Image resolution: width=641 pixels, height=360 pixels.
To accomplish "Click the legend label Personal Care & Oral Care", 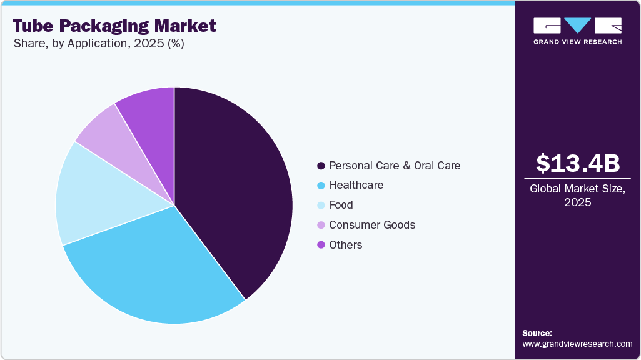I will click(395, 166).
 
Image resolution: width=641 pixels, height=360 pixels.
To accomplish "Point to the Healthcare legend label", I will click(356, 185).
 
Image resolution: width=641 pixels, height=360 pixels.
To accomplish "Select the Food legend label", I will click(341, 205).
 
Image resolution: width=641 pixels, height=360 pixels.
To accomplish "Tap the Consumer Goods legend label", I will click(372, 225).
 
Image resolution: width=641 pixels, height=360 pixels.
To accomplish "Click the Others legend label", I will click(346, 245).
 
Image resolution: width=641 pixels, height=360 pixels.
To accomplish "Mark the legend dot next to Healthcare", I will click(321, 186).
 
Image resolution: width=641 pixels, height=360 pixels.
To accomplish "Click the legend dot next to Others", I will click(321, 245).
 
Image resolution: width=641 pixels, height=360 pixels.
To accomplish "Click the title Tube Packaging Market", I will click(114, 26).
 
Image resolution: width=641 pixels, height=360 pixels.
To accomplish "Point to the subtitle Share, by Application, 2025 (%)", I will click(98, 44).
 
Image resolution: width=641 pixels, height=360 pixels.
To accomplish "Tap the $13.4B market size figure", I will click(578, 163).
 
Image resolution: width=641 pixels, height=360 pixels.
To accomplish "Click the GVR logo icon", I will click(578, 26).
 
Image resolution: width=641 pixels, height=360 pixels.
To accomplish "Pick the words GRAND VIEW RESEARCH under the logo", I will click(578, 42).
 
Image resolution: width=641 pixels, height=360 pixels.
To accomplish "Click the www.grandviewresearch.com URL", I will click(577, 344).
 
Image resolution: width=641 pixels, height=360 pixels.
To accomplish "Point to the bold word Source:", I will click(537, 333).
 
